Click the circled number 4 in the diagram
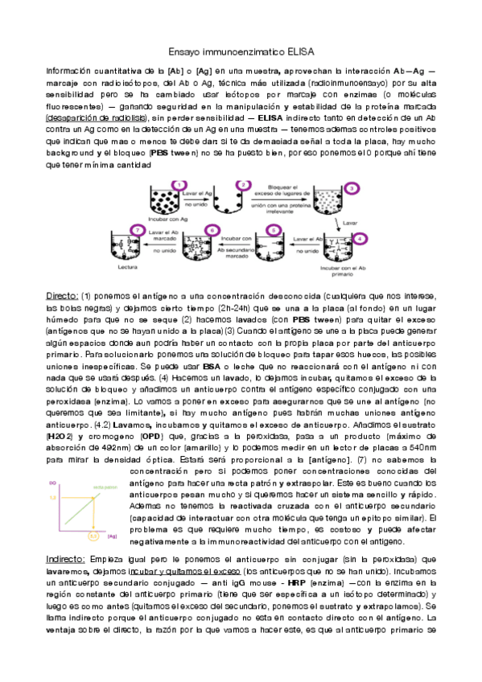point(359,239)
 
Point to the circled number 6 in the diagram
point(212,230)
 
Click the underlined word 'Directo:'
point(62,296)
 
